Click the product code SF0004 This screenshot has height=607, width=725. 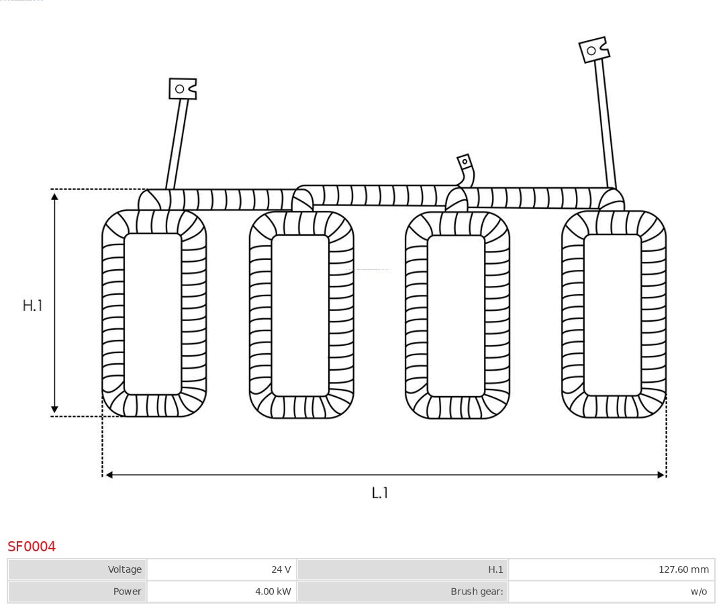[x=32, y=547]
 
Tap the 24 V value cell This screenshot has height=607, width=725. [x=222, y=569]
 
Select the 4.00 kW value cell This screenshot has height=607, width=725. [x=222, y=592]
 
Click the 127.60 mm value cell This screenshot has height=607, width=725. [x=611, y=569]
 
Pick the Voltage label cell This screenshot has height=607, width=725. [x=78, y=569]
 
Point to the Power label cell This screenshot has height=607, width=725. [x=78, y=592]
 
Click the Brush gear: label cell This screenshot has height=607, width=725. [x=403, y=592]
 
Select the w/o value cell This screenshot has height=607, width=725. [x=611, y=592]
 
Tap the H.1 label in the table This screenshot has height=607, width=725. [x=403, y=569]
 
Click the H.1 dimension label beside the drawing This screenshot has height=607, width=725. [x=32, y=306]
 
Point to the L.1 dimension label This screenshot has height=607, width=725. [x=380, y=493]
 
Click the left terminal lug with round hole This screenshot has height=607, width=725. [x=183, y=89]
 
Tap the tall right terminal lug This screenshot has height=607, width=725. [x=593, y=50]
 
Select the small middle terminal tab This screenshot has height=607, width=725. [x=465, y=162]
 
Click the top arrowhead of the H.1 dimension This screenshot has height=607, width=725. [x=54, y=195]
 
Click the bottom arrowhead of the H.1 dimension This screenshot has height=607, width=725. [x=54, y=410]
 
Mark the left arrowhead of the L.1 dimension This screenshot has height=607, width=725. [x=109, y=475]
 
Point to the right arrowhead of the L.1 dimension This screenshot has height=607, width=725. [x=661, y=475]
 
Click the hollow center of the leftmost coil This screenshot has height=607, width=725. [x=153, y=314]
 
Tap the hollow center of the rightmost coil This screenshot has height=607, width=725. [x=612, y=315]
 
